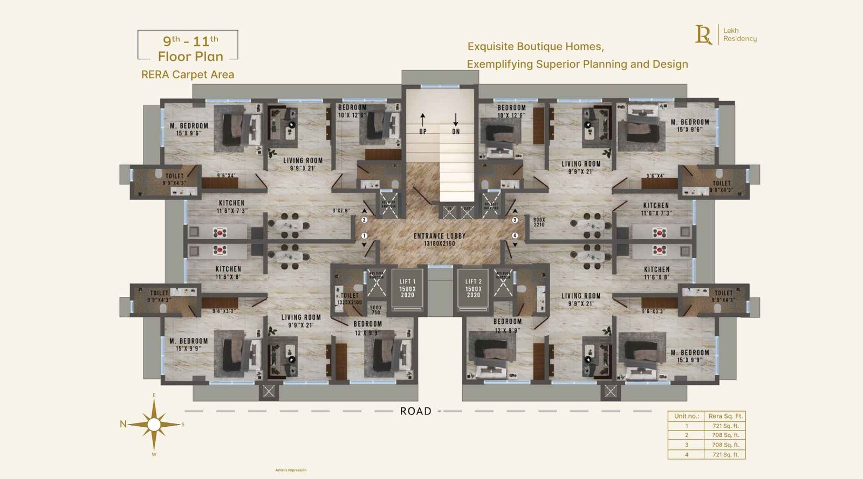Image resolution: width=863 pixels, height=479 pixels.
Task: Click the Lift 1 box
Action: (407, 288)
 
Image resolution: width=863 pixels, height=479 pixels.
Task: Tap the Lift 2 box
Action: (473, 288)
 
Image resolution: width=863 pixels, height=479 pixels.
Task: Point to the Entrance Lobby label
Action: (439, 239)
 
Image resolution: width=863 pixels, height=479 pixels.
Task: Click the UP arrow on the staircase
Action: (422, 120)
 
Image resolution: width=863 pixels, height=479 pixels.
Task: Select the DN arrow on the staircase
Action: (456, 120)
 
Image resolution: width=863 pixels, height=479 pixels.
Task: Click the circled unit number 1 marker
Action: (364, 235)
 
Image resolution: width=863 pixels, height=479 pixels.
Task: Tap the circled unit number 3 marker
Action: (515, 220)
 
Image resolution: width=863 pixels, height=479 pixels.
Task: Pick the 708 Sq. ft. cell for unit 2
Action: (725, 435)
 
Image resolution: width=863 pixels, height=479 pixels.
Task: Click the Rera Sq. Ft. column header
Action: (725, 416)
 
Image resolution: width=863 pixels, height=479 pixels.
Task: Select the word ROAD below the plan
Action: (415, 411)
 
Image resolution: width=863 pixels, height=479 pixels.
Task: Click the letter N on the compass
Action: (123, 424)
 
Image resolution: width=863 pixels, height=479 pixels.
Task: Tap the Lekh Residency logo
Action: (725, 34)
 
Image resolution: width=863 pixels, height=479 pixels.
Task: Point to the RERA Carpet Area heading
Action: (188, 75)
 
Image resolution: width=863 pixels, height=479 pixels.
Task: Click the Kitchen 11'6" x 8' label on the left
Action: (228, 273)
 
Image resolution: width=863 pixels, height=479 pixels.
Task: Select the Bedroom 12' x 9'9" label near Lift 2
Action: (508, 325)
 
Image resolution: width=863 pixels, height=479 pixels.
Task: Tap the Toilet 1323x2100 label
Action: (350, 298)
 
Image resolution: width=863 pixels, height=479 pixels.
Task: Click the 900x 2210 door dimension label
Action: (539, 222)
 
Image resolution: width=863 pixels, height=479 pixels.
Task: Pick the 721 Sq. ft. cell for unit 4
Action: (725, 454)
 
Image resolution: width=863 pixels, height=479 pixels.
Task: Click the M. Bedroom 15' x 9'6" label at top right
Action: (690, 126)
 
